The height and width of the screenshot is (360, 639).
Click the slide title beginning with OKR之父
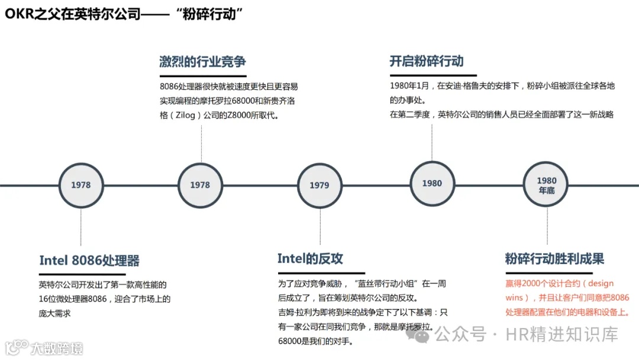click(x=125, y=15)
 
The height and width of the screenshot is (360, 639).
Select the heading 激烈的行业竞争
click(x=202, y=62)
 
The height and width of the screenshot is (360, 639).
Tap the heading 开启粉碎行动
click(x=426, y=61)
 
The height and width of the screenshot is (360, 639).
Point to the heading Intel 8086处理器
click(x=89, y=261)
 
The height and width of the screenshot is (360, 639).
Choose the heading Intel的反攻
click(x=310, y=259)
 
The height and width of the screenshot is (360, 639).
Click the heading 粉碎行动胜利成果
click(x=554, y=259)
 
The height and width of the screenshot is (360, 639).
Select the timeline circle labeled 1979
click(x=319, y=185)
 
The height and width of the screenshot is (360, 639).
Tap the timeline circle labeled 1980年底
click(x=546, y=185)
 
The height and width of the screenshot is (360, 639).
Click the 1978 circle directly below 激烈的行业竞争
click(x=200, y=185)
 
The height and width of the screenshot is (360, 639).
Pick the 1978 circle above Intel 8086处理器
click(x=81, y=185)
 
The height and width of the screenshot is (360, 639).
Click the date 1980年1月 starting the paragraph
click(x=410, y=86)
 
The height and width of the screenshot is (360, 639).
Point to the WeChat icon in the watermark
click(x=422, y=335)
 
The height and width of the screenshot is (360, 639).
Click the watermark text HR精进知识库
click(x=561, y=335)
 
